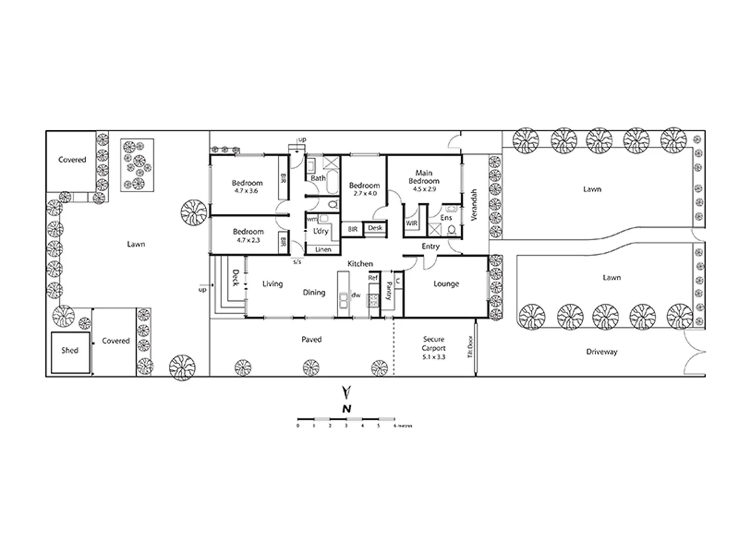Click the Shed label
70,350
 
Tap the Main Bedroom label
424,177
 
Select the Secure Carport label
434,343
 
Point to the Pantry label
389,290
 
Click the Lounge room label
446,284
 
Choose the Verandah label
474,205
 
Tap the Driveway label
601,352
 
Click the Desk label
375,228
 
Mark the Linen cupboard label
323,250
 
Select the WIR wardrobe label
412,224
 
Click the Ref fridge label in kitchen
373,278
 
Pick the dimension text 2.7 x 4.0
364,193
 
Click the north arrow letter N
347,409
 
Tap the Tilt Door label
470,347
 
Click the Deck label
236,278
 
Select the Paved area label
312,339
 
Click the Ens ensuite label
446,218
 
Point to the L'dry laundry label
321,231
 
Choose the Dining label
314,292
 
